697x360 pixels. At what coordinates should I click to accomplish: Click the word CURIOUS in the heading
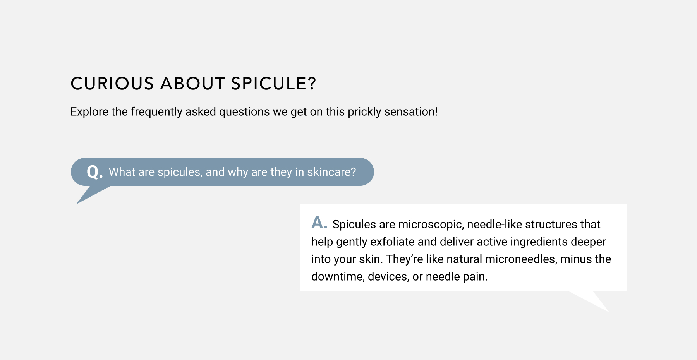point(112,84)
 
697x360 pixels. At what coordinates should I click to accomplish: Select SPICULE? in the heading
point(274,84)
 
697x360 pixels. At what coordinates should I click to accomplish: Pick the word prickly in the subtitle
point(364,112)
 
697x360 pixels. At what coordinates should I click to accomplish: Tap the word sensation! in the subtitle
point(411,112)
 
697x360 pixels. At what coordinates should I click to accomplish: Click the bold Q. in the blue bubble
point(95,172)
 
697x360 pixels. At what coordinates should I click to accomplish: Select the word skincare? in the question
point(331,172)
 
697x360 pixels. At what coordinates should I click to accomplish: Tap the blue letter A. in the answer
point(319,223)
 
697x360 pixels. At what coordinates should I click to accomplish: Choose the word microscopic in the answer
point(431,225)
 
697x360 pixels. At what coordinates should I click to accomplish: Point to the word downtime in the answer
point(338,276)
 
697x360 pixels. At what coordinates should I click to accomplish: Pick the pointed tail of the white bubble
point(608,311)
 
